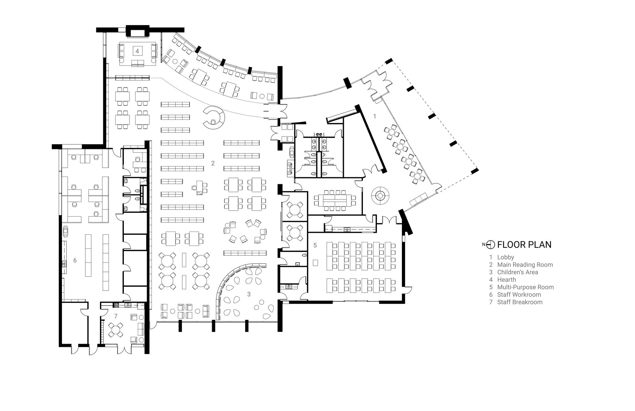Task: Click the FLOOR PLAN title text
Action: pyautogui.click(x=524, y=245)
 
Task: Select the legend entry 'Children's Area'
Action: pyautogui.click(x=518, y=272)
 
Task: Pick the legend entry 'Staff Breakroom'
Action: pyautogui.click(x=520, y=302)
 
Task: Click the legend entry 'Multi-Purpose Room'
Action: pyautogui.click(x=525, y=287)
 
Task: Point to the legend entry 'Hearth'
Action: pyautogui.click(x=506, y=280)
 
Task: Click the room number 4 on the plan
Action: pyautogui.click(x=137, y=51)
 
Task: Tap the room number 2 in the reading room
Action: pyautogui.click(x=213, y=163)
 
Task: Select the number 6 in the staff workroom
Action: pyautogui.click(x=75, y=260)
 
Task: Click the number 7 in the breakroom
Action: pyautogui.click(x=116, y=316)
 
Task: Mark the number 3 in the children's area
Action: pyautogui.click(x=249, y=294)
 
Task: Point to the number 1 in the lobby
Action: pyautogui.click(x=374, y=117)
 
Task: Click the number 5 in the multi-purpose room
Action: pyautogui.click(x=315, y=245)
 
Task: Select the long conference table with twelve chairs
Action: pyautogui.click(x=335, y=201)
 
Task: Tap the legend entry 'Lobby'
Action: pyautogui.click(x=505, y=257)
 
